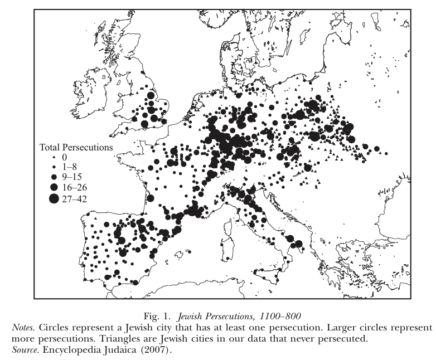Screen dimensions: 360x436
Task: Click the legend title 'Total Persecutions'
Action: (x=76, y=148)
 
